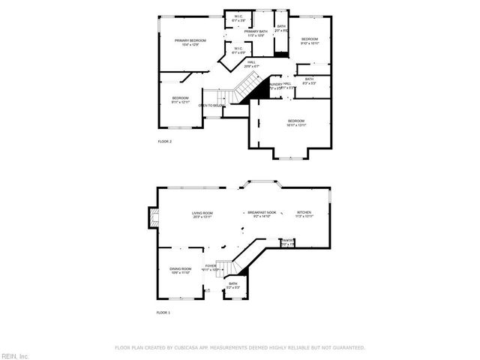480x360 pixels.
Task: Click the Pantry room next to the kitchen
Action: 287,242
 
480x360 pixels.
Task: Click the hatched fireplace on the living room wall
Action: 154,217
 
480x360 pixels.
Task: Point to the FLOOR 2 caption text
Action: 164,141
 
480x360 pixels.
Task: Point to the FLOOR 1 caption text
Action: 163,312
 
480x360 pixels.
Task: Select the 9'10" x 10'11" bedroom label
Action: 310,41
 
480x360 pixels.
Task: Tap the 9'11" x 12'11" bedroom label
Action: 180,100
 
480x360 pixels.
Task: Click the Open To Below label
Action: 211,106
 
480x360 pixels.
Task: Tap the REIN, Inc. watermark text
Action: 15,355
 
